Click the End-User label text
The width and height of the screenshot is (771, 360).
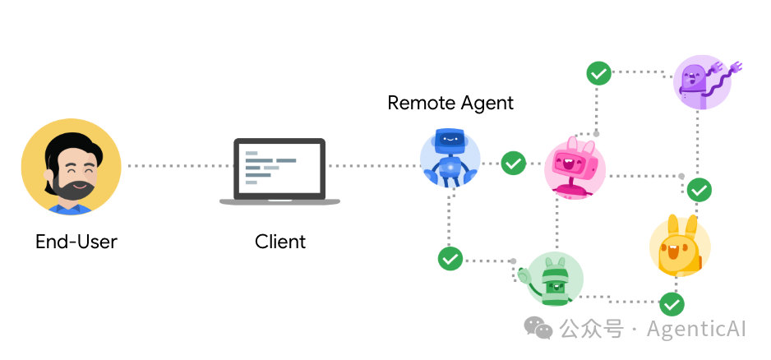point(76,242)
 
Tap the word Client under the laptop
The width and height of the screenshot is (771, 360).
point(280,242)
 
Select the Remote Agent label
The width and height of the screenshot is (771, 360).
point(450,104)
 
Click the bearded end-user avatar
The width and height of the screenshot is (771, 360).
point(71,166)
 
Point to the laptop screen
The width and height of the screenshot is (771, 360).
point(279,168)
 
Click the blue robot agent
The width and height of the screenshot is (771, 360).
point(450,157)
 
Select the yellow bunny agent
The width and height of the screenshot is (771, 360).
point(680,246)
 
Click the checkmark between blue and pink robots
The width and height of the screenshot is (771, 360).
point(514,164)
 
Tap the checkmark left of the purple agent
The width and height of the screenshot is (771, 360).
point(599,74)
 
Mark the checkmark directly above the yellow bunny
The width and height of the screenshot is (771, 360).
point(699,190)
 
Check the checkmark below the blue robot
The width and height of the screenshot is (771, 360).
point(450,258)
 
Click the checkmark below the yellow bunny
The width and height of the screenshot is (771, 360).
point(672,304)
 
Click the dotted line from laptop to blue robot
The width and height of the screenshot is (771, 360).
point(374,166)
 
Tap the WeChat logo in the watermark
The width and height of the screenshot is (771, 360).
point(538,328)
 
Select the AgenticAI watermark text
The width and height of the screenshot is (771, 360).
point(696,329)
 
